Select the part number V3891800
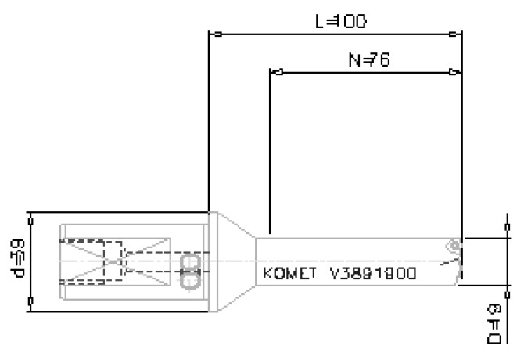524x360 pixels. (x=372, y=275)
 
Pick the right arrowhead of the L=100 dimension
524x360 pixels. (x=456, y=34)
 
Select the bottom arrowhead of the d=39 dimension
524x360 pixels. (x=30, y=305)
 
